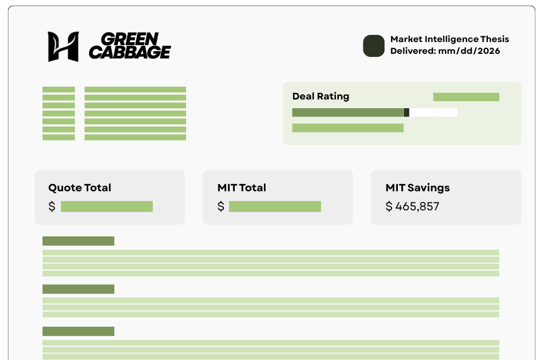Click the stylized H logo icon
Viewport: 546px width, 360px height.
pyautogui.click(x=63, y=47)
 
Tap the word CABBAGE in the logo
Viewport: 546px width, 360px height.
pyautogui.click(x=130, y=52)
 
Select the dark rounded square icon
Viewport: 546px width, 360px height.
pyautogui.click(x=374, y=46)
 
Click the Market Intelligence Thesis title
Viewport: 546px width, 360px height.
pyautogui.click(x=450, y=39)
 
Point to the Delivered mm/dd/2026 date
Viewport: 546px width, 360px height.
pyautogui.click(x=445, y=51)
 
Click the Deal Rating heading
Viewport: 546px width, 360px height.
pyautogui.click(x=320, y=96)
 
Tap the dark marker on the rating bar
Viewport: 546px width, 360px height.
pyautogui.click(x=407, y=112)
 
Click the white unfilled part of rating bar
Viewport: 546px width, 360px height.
pyautogui.click(x=433, y=112)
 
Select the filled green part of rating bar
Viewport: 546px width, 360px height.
pyautogui.click(x=348, y=112)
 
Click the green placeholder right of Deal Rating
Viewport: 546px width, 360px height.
pyautogui.click(x=466, y=97)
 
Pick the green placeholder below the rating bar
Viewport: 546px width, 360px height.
pyautogui.click(x=348, y=128)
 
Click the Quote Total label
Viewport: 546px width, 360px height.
pyautogui.click(x=79, y=188)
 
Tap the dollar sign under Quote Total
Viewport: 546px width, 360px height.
pyautogui.click(x=52, y=207)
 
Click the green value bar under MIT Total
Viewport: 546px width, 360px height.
pyautogui.click(x=275, y=206)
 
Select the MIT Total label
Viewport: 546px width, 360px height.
pyautogui.click(x=241, y=188)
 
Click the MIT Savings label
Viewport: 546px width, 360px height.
pyautogui.click(x=417, y=188)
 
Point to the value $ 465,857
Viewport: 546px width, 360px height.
pyautogui.click(x=412, y=207)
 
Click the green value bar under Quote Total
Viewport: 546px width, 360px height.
pyautogui.click(x=107, y=206)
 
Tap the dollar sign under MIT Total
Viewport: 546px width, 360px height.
pyautogui.click(x=221, y=207)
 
